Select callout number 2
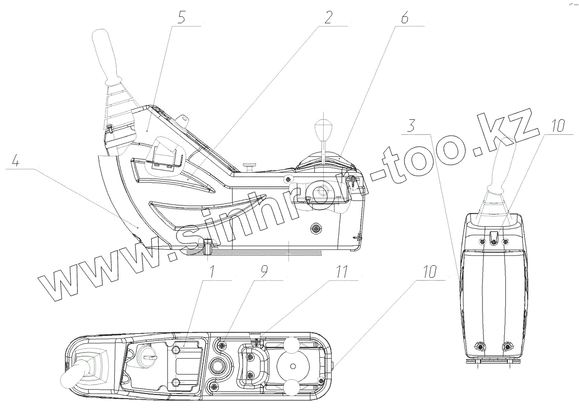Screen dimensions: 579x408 point(327,17)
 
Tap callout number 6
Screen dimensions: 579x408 point(403,18)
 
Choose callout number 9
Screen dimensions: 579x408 point(264,272)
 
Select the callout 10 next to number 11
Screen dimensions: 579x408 point(430,272)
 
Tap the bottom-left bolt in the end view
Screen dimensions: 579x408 point(480,346)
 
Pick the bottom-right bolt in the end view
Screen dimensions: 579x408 point(507,346)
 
